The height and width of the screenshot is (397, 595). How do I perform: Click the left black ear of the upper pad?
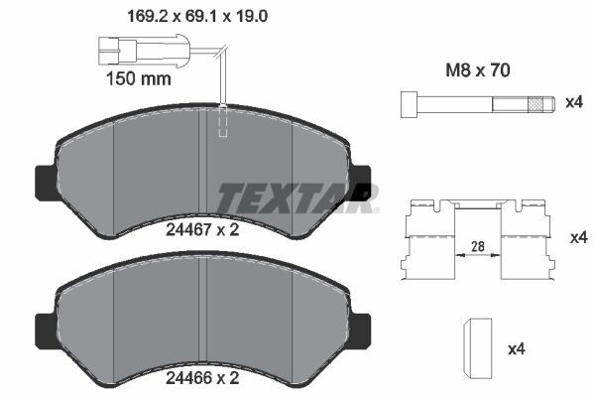(x=44, y=180)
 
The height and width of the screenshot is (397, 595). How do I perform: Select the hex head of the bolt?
(x=408, y=104)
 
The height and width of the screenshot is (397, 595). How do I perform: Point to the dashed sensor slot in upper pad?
(x=222, y=121)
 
